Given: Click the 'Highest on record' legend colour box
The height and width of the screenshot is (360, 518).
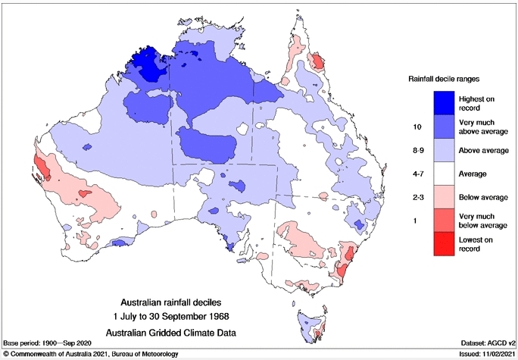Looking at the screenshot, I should tap(445, 102).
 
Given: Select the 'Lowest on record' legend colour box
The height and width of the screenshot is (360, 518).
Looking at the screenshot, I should tap(445, 244).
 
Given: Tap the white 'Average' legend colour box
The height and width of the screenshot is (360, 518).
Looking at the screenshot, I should tap(445, 173).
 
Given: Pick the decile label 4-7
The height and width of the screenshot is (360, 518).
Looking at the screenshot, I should tap(415, 174).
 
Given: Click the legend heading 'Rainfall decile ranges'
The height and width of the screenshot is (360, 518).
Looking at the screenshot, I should tap(445, 79).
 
